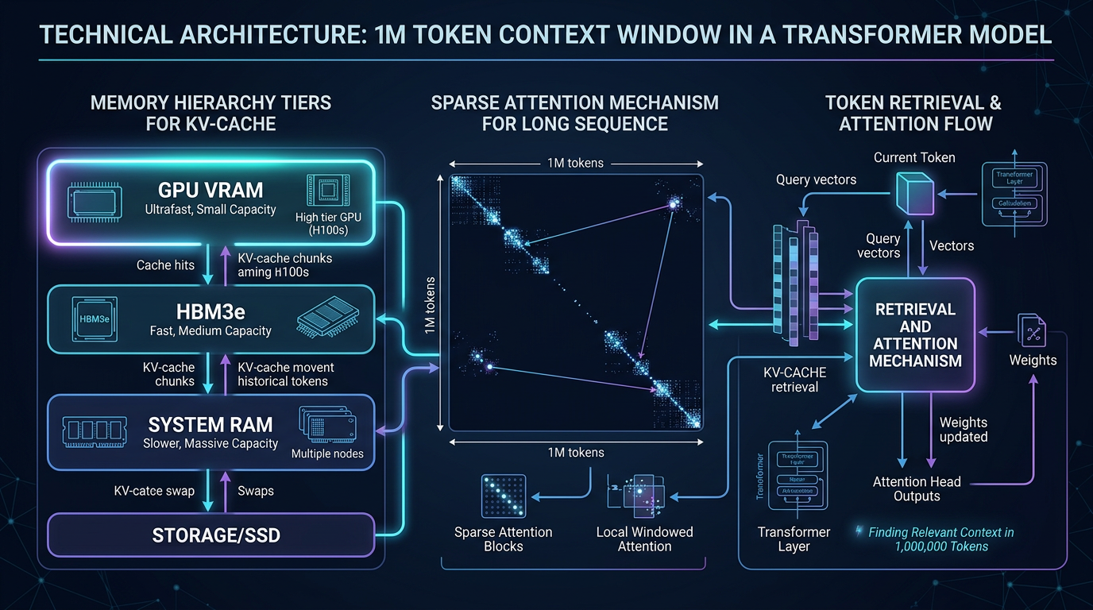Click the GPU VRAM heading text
pyautogui.click(x=210, y=191)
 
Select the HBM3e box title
pyautogui.click(x=210, y=310)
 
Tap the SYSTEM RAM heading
pyautogui.click(x=210, y=423)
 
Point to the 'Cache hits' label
pyautogui.click(x=165, y=264)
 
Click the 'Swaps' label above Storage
pyautogui.click(x=256, y=491)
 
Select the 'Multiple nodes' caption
pyautogui.click(x=327, y=454)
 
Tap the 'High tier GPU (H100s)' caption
pyautogui.click(x=326, y=225)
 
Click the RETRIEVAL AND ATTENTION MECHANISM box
pyautogui.click(x=915, y=335)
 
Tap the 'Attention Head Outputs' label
pyautogui.click(x=917, y=488)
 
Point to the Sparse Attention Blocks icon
pyautogui.click(x=504, y=496)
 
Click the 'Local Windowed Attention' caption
pyautogui.click(x=644, y=539)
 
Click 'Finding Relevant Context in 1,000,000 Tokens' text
pyautogui.click(x=940, y=539)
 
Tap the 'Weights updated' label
pyautogui.click(x=964, y=430)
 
